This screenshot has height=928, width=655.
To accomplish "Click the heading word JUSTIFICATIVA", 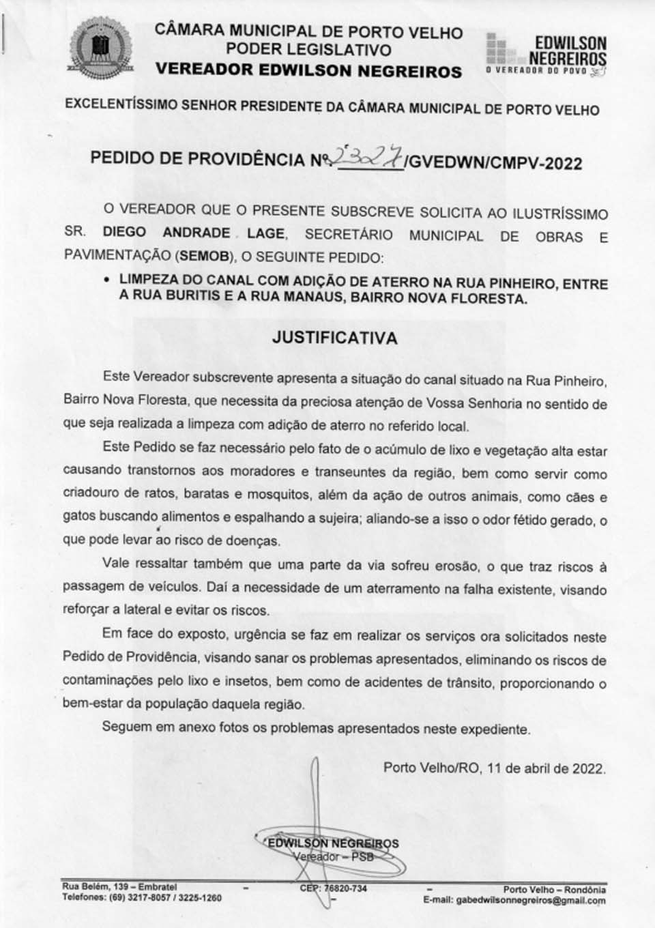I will tap(334, 337).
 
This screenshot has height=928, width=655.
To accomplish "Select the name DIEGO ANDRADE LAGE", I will tap(193, 233).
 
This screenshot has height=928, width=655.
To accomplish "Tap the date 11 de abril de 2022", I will tap(545, 768).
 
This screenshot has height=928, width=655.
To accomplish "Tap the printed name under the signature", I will tap(333, 843).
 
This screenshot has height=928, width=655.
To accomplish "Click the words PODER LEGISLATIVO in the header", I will tap(308, 50).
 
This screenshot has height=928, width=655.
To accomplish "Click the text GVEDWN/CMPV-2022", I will tap(495, 163).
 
